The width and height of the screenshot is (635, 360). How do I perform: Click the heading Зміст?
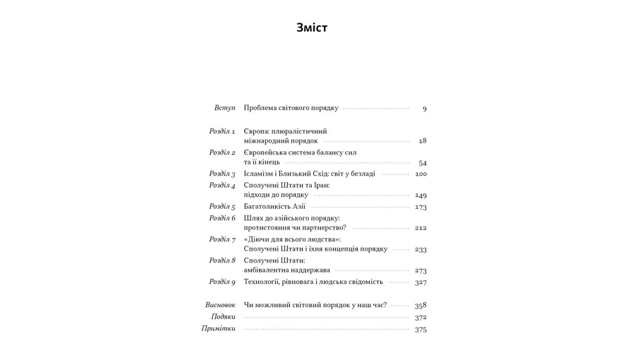pyautogui.click(x=312, y=28)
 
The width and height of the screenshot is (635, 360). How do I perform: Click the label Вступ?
pyautogui.click(x=224, y=108)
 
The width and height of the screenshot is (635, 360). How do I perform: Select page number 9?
pyautogui.click(x=424, y=109)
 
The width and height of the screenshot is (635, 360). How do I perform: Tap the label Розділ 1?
pyautogui.click(x=222, y=131)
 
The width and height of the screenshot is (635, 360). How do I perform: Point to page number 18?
pyautogui.click(x=422, y=141)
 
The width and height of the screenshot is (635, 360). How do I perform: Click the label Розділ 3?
pyautogui.click(x=222, y=174)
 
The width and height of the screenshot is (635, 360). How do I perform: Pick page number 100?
pyautogui.click(x=421, y=174)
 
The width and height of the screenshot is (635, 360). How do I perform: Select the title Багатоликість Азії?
pyautogui.click(x=274, y=207)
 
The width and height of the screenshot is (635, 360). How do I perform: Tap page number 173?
pyautogui.click(x=421, y=207)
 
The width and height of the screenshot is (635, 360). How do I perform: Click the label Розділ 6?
pyautogui.click(x=222, y=218)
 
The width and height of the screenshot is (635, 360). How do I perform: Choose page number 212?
pyautogui.click(x=421, y=228)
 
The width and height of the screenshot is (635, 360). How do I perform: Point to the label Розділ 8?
pyautogui.click(x=222, y=260)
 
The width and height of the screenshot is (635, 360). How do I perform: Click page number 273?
pyautogui.click(x=421, y=270)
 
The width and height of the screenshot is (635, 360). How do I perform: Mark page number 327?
pyautogui.click(x=421, y=282)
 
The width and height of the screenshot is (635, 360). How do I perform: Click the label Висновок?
pyautogui.click(x=220, y=305)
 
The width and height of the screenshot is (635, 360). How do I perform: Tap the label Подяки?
pyautogui.click(x=223, y=317)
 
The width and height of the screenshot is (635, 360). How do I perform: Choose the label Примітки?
pyautogui.click(x=218, y=329)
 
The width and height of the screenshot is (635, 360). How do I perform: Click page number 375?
pyautogui.click(x=421, y=330)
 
